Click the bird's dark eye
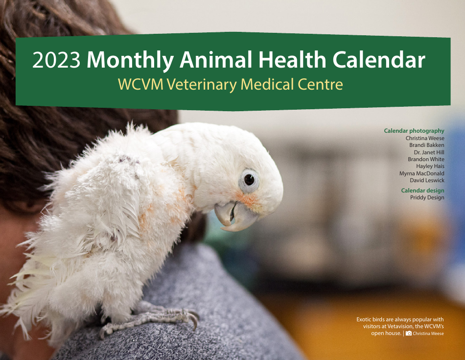249,180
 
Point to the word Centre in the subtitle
320,84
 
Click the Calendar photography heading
414,131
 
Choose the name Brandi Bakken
425,145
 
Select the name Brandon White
426,159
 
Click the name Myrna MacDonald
422,173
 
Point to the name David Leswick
427,180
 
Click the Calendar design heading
422,191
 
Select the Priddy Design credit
427,197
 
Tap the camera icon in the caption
408,334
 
